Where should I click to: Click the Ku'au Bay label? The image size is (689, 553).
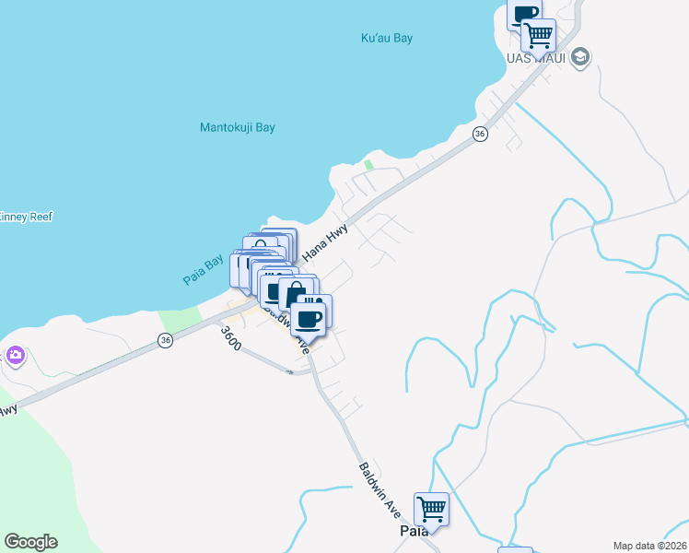(386, 39)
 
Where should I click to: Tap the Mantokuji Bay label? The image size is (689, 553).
(238, 128)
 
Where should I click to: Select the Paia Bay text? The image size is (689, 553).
(202, 269)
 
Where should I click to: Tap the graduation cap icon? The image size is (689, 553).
(579, 58)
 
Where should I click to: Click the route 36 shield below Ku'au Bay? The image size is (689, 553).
(479, 135)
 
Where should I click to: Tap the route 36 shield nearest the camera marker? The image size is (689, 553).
(165, 340)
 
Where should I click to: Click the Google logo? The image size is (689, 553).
(30, 542)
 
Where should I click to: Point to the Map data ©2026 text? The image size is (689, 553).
(649, 546)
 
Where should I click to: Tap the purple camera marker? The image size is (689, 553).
(15, 355)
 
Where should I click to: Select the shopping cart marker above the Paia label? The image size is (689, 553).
(431, 507)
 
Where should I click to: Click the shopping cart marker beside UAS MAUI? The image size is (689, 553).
(538, 35)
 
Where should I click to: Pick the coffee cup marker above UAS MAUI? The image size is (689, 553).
(525, 15)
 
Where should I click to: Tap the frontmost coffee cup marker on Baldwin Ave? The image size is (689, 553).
(310, 318)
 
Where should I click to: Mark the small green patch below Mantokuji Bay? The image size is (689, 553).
(368, 166)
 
